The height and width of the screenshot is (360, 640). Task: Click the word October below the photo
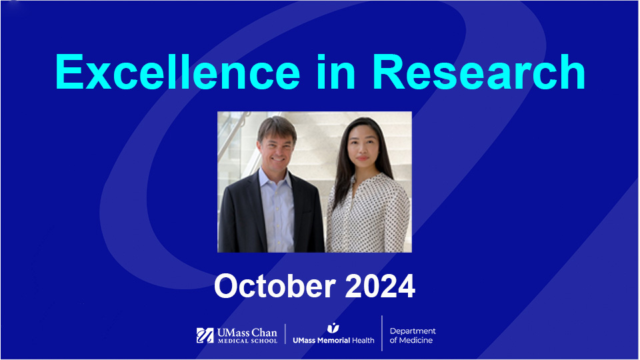275,286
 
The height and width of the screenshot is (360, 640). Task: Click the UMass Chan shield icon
205,335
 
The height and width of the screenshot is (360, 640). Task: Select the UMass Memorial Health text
333,340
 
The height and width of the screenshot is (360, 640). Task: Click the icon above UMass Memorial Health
333,327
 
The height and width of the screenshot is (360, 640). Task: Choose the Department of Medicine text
413,335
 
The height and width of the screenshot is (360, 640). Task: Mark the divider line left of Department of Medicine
382,333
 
